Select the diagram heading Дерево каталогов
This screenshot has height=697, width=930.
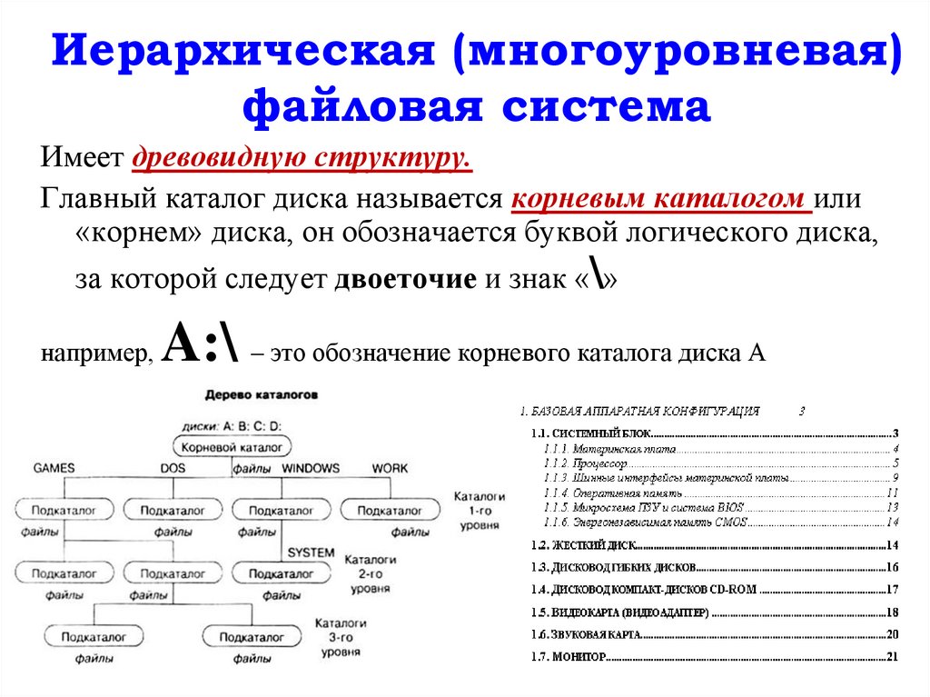click(x=262, y=396)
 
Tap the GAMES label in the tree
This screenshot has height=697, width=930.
click(x=54, y=469)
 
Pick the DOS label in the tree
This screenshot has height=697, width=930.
click(x=173, y=469)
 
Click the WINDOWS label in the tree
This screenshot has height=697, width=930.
click(x=310, y=469)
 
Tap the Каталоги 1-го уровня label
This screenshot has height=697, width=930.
click(x=479, y=512)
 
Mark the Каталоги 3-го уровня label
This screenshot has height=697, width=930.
click(x=341, y=636)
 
